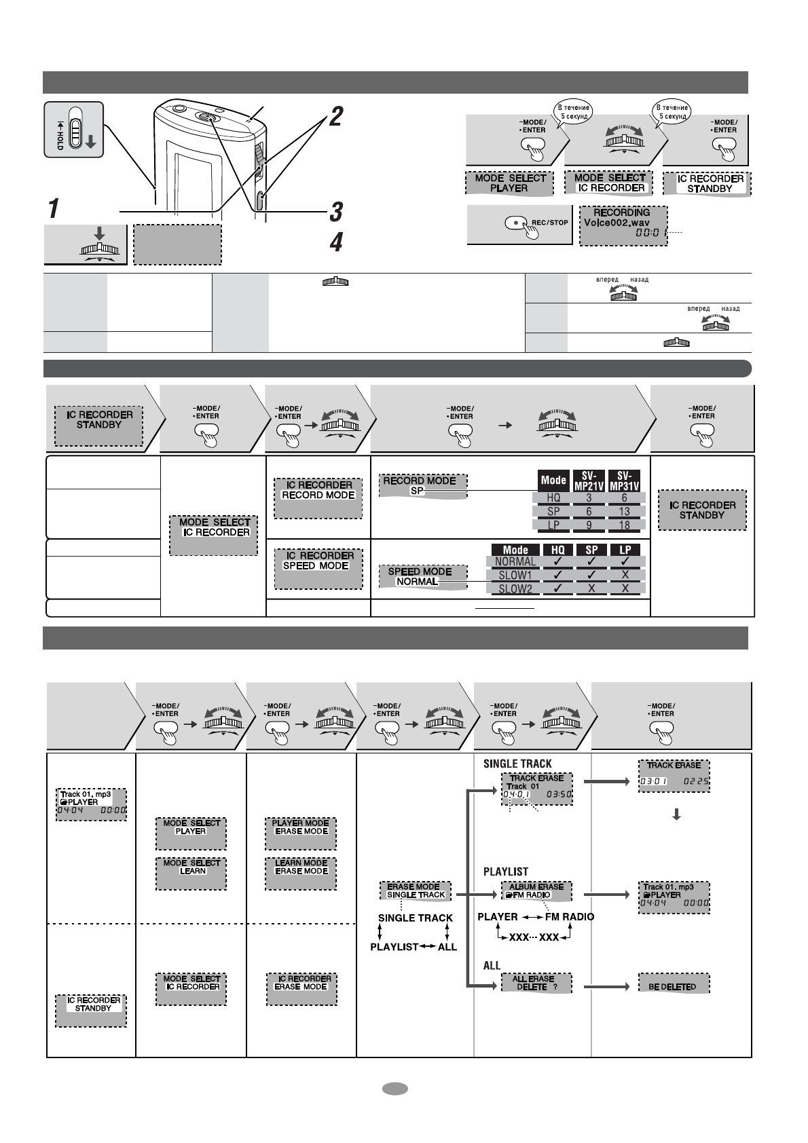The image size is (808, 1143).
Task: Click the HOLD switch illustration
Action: pos(74,130)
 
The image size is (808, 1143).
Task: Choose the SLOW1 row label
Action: pos(515,575)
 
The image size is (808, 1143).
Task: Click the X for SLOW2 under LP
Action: pos(625,588)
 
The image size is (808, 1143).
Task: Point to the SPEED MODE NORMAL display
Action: pos(419,576)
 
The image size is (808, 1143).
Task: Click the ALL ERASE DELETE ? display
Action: pos(536,983)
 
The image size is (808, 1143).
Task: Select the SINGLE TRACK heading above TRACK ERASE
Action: pos(517,764)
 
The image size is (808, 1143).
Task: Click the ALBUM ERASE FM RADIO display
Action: pos(536,891)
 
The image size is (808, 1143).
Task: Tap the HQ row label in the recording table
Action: pos(553,498)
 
